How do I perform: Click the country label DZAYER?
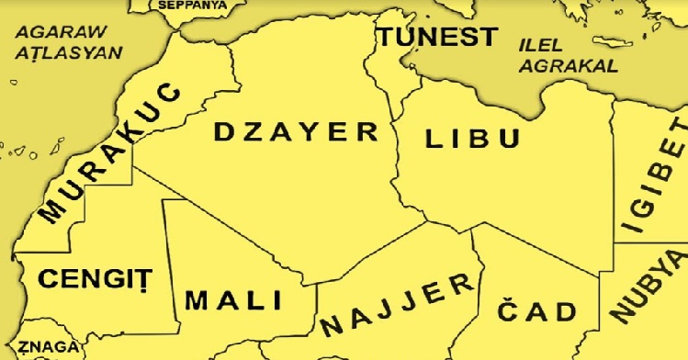pos(296,132)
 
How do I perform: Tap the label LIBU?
pos(472,140)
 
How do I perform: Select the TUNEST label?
pos(439,38)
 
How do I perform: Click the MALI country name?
pos(233,300)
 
